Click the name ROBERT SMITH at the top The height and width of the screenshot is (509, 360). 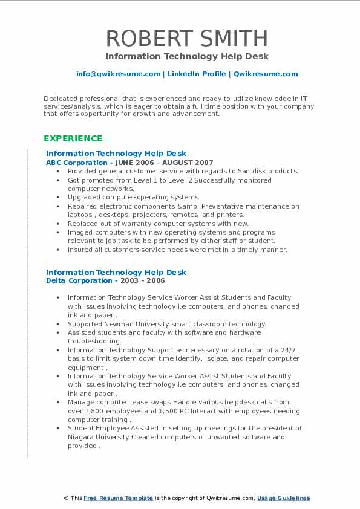(187, 38)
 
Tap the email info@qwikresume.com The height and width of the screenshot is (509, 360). (118, 74)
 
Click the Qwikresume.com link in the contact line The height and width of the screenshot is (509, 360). (266, 74)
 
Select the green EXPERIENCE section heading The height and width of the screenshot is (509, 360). (73, 138)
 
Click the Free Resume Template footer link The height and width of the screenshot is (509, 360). (118, 498)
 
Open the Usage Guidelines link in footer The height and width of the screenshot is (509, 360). (283, 498)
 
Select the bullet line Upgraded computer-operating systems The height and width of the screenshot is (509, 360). (133, 197)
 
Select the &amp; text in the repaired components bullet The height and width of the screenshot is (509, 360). (184, 206)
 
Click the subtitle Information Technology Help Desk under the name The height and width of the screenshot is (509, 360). (187, 56)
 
